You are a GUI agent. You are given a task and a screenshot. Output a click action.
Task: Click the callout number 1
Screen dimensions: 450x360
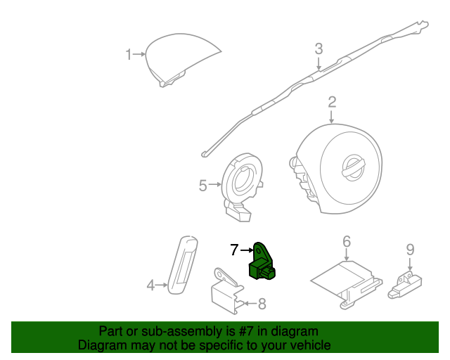point(129,54)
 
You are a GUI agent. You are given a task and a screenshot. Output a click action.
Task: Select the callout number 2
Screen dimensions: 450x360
point(332,102)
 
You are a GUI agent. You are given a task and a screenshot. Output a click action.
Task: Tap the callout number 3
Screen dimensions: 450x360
point(319,49)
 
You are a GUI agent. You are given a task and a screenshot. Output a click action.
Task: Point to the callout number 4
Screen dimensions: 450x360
point(150,285)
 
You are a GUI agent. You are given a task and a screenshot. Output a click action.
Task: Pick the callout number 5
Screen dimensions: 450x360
point(202,186)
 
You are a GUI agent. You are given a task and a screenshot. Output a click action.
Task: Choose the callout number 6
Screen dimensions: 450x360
point(347,241)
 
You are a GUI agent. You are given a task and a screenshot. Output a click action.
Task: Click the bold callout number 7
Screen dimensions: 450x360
point(234,250)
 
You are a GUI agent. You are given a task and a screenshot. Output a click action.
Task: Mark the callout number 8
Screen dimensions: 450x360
point(262,304)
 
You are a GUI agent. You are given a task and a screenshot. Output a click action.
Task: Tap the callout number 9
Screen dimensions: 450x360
point(410,250)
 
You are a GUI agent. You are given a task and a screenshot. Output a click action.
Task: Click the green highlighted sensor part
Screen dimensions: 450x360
point(260,263)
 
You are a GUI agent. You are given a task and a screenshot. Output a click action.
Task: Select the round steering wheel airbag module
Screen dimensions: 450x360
point(336,169)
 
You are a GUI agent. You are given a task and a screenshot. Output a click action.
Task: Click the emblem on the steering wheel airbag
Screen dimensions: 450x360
point(353,168)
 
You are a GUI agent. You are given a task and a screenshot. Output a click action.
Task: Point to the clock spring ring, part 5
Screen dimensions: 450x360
point(242,186)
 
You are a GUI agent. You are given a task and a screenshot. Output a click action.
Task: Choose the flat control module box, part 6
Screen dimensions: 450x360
point(347,284)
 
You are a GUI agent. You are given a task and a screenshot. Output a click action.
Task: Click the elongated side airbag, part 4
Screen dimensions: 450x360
point(183,265)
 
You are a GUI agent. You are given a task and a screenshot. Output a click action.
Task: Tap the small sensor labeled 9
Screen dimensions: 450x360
point(405,284)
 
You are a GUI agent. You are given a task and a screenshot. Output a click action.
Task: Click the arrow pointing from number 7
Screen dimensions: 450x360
point(247,250)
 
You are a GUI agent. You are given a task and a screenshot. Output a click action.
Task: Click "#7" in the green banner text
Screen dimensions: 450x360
point(245,332)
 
